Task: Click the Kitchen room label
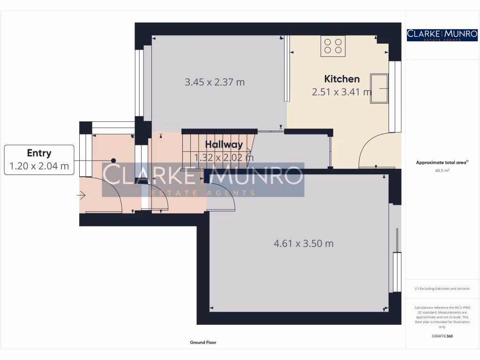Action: [342, 79]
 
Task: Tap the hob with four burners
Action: [333, 45]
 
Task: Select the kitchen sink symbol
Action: [379, 88]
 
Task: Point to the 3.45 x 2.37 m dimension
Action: [215, 82]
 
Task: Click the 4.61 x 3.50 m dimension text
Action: [303, 243]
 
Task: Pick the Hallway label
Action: [224, 145]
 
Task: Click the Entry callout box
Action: [39, 160]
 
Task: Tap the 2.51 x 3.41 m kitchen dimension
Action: [342, 92]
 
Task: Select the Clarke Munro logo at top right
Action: [442, 35]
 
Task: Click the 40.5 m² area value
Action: [442, 171]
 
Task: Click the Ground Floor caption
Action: [203, 343]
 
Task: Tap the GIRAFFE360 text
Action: [442, 336]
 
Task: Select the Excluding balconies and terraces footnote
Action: [442, 289]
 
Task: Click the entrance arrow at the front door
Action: [82, 195]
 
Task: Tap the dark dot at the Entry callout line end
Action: [113, 160]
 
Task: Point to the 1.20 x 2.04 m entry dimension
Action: [39, 166]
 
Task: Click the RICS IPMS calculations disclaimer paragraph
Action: [442, 317]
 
